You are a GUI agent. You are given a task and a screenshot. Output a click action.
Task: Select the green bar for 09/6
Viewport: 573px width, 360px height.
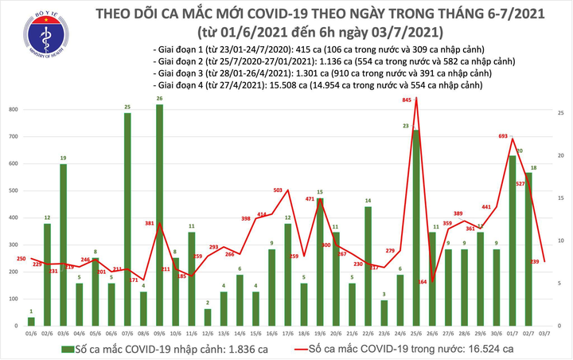click(x=160, y=215)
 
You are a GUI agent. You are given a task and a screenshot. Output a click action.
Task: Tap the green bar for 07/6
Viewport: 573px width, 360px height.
click(x=127, y=219)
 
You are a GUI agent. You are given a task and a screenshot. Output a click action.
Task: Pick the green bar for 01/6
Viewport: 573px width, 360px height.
click(x=31, y=321)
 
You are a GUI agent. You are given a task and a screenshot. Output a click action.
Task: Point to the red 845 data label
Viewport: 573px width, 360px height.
click(x=407, y=100)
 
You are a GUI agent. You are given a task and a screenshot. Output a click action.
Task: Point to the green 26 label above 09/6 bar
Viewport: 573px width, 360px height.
click(x=160, y=99)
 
